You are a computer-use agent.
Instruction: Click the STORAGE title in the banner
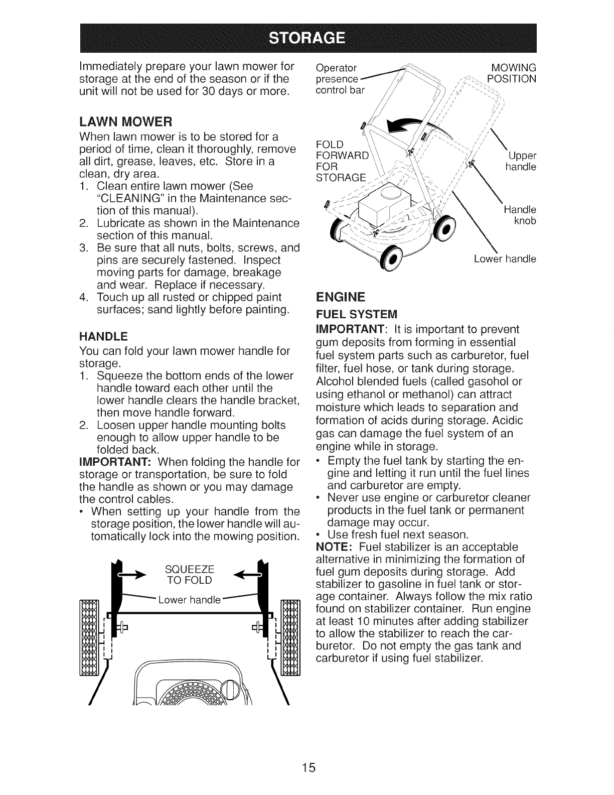[306, 38]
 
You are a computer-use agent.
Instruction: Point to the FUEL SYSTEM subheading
[356, 315]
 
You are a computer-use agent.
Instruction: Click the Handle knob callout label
[523, 215]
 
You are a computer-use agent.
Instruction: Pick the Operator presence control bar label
[341, 79]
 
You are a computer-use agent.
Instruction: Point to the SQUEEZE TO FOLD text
[189, 574]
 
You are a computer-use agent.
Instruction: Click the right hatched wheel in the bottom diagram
[289, 638]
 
